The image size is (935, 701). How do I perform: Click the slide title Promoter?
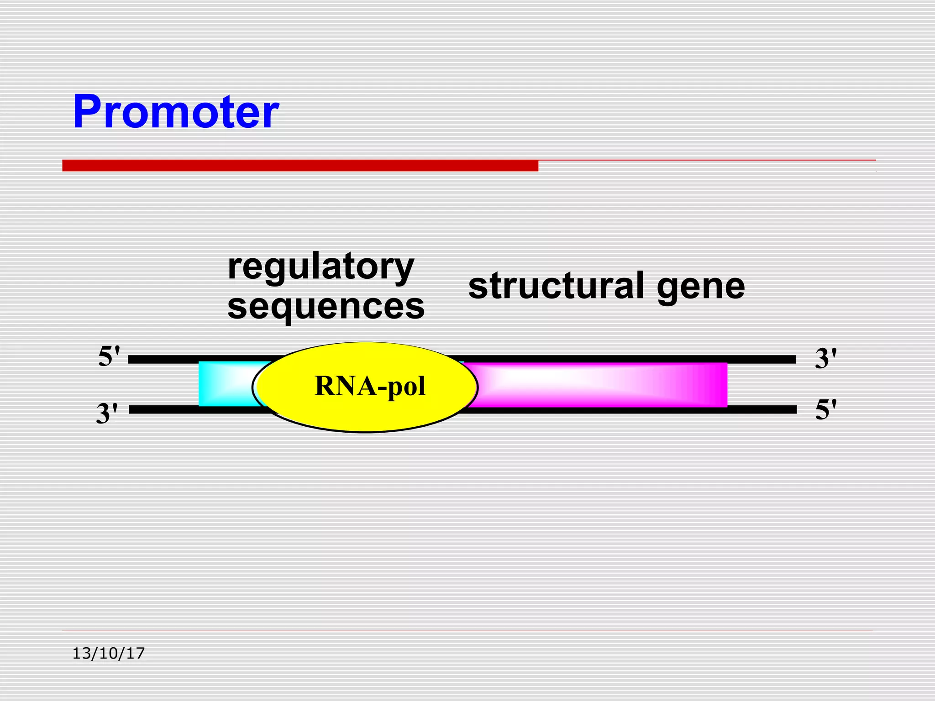[175, 112]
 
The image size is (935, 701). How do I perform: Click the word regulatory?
[320, 267]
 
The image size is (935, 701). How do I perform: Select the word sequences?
[326, 306]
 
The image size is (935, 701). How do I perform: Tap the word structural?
[556, 286]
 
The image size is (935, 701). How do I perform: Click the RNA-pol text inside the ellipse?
[370, 386]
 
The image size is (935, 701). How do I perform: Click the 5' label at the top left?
[109, 356]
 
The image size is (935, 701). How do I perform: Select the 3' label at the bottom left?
[107, 413]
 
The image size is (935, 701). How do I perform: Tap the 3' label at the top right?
[825, 358]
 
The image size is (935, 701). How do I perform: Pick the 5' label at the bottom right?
[825, 409]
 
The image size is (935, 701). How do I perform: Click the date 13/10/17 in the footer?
[109, 654]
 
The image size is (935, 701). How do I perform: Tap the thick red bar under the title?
[300, 166]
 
